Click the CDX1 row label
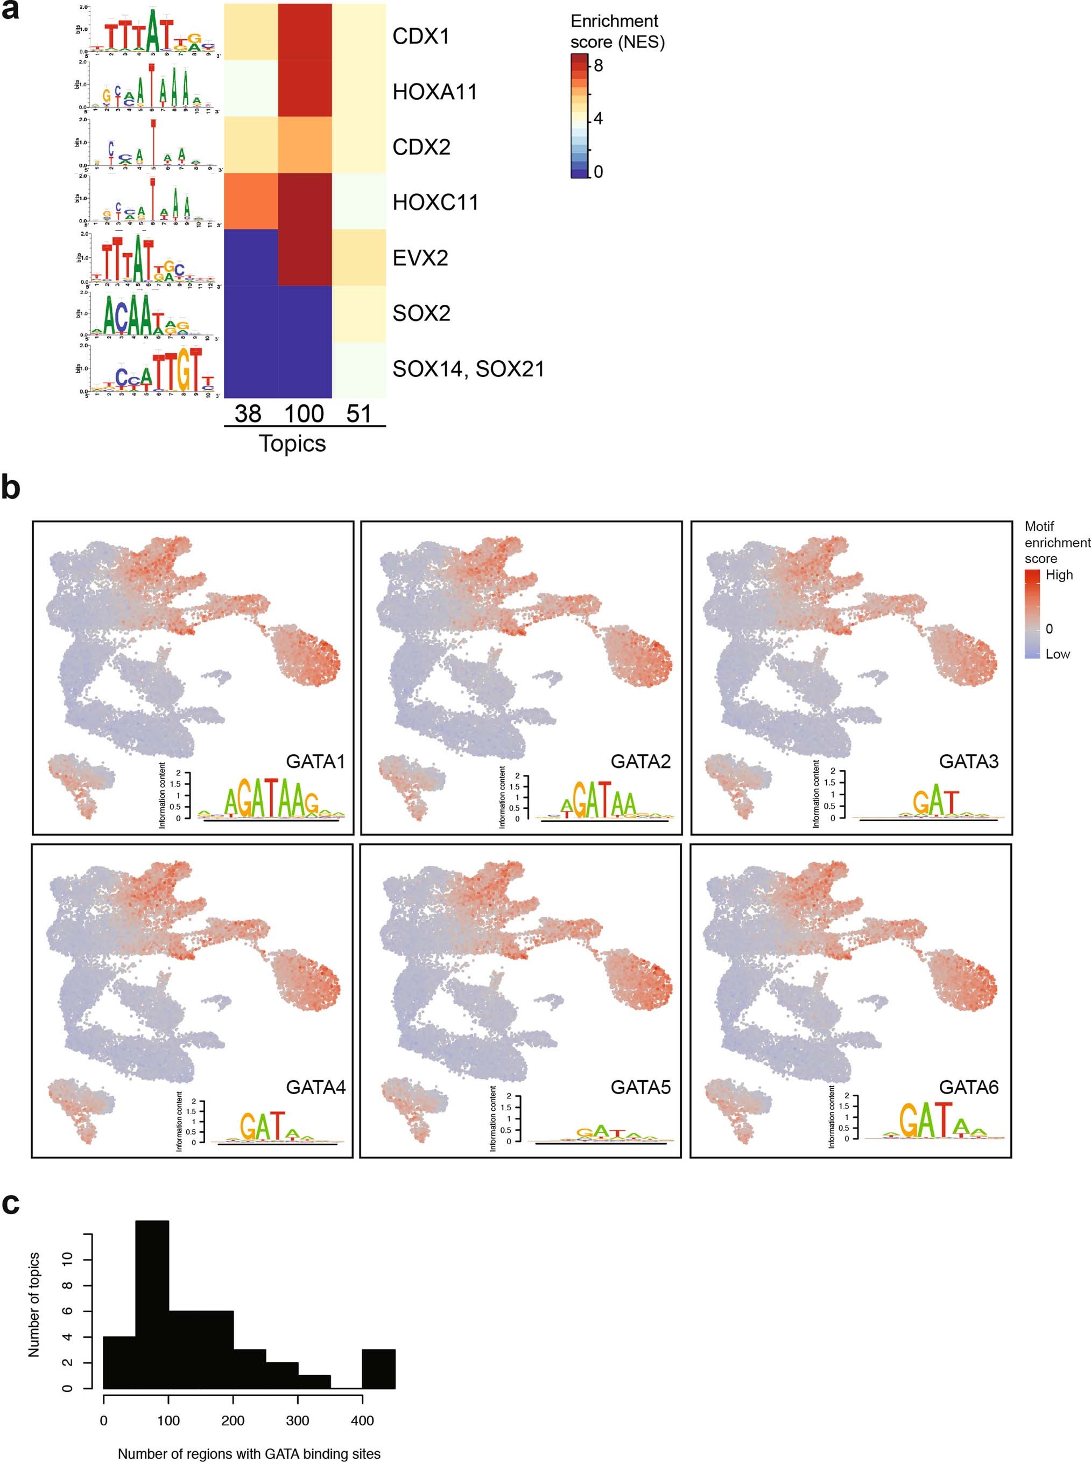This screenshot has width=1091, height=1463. pyautogui.click(x=421, y=36)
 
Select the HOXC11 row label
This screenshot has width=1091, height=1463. pyautogui.click(x=435, y=202)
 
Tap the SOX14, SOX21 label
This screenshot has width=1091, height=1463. pyautogui.click(x=468, y=368)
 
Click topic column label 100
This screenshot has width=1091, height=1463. pyautogui.click(x=304, y=414)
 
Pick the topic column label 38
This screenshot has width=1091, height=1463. pyautogui.click(x=248, y=414)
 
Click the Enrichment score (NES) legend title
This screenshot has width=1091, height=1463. pyautogui.click(x=617, y=32)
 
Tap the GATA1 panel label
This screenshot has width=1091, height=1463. pyautogui.click(x=315, y=761)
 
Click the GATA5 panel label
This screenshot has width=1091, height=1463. pyautogui.click(x=640, y=1087)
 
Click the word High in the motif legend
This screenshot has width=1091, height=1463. pyautogui.click(x=1059, y=575)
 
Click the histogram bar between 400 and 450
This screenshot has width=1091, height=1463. pyautogui.click(x=378, y=1367)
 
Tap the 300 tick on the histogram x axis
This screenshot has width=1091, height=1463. pyautogui.click(x=297, y=1420)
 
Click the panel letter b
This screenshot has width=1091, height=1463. pyautogui.click(x=11, y=488)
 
